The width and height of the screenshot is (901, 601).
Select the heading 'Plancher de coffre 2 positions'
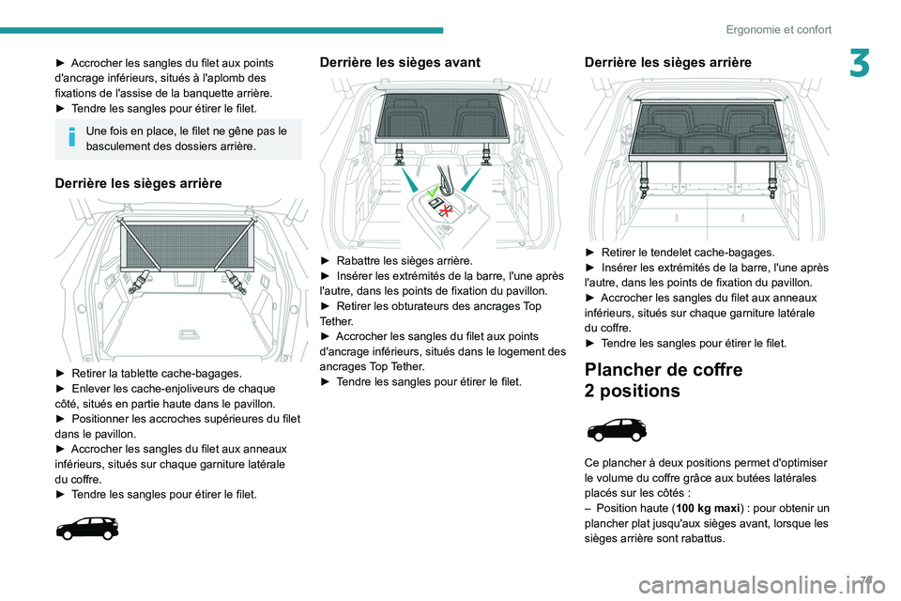click(x=663, y=380)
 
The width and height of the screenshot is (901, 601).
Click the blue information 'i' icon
click(x=71, y=138)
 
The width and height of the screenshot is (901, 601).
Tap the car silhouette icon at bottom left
click(x=87, y=529)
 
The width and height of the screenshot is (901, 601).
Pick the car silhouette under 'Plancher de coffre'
click(x=616, y=432)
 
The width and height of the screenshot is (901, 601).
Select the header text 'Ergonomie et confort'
click(x=778, y=29)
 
